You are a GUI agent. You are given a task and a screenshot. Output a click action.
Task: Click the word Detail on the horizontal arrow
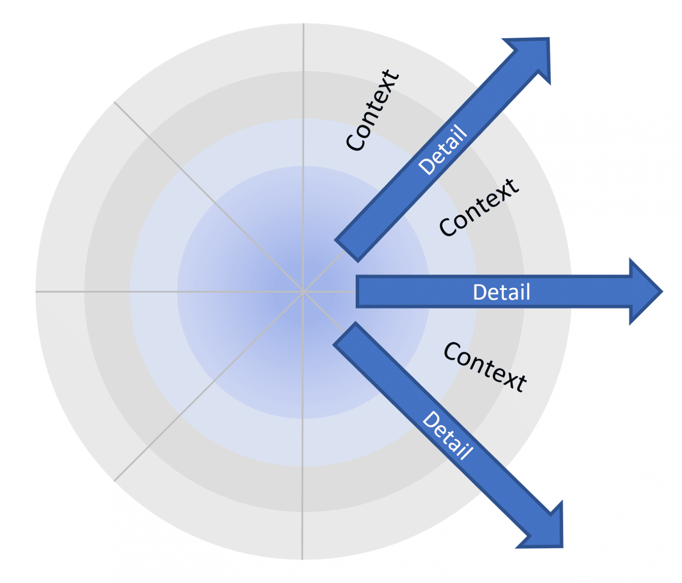(501, 292)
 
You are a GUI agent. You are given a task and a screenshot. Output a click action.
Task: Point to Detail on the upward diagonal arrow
(443, 150)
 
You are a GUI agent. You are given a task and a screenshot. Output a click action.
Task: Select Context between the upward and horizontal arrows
(479, 207)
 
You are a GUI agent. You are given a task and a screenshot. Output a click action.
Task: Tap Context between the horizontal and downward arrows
(485, 367)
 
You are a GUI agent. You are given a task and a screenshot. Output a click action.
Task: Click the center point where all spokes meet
(303, 292)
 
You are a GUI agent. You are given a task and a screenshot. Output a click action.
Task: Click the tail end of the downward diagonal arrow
(345, 333)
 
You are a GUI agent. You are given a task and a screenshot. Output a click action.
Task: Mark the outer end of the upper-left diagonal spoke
(115, 103)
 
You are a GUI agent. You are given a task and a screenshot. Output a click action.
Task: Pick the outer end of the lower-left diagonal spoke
(115, 480)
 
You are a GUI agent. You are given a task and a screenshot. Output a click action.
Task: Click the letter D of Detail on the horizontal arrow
(479, 292)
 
